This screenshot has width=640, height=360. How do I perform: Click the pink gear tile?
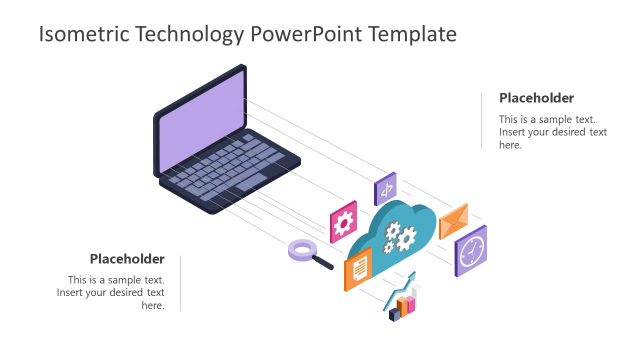tap(344, 221)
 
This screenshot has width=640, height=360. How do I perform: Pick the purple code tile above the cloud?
tap(385, 188)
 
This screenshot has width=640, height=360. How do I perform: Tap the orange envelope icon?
tap(453, 219)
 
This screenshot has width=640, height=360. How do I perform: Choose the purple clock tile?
tap(471, 249)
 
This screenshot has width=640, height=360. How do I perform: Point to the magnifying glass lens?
tap(302, 249)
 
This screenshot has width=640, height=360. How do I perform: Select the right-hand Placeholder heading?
tap(537, 98)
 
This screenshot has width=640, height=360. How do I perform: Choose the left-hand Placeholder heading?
tap(127, 258)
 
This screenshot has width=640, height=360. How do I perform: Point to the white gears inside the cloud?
tap(401, 237)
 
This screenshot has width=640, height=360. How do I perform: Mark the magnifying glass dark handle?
tap(323, 263)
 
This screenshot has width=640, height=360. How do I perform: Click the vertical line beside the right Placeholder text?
tap(482, 120)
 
